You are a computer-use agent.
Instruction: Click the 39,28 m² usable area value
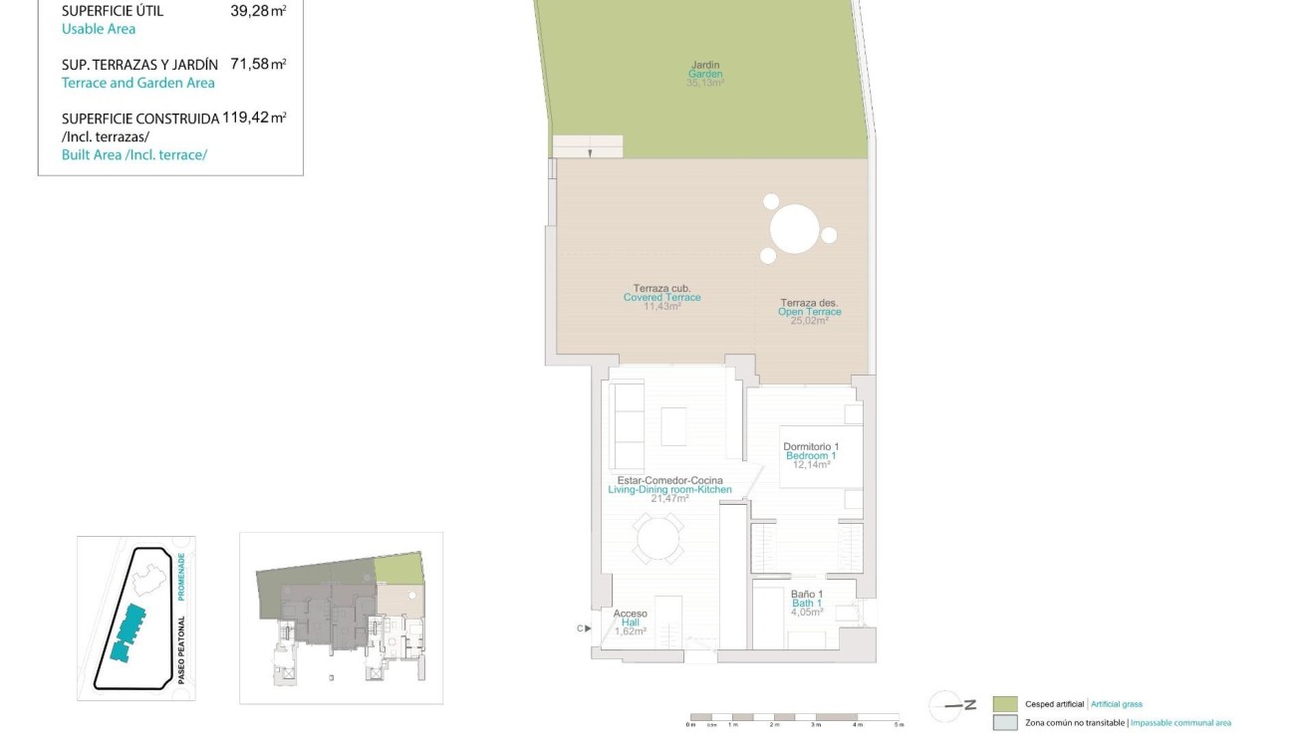(x=258, y=11)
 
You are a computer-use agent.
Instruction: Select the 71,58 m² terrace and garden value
(x=258, y=65)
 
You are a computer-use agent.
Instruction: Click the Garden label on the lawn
(x=705, y=75)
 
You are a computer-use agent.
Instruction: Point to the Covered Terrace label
(x=661, y=298)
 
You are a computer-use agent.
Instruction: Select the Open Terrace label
(x=809, y=312)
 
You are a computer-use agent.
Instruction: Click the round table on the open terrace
(x=795, y=228)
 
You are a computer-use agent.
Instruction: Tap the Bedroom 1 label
(x=811, y=455)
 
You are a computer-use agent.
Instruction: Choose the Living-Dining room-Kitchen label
(x=669, y=489)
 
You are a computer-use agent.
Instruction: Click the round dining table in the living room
(x=658, y=542)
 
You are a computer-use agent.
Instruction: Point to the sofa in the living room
(x=627, y=426)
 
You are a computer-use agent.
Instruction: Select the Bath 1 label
(x=806, y=604)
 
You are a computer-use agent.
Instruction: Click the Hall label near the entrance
(x=630, y=623)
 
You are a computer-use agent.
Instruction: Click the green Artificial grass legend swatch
(x=1004, y=704)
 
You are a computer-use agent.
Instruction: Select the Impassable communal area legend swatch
(x=1004, y=723)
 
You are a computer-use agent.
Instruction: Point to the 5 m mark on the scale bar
(x=899, y=724)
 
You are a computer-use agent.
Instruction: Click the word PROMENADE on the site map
(x=181, y=577)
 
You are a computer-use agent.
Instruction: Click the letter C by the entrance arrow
(x=579, y=628)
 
